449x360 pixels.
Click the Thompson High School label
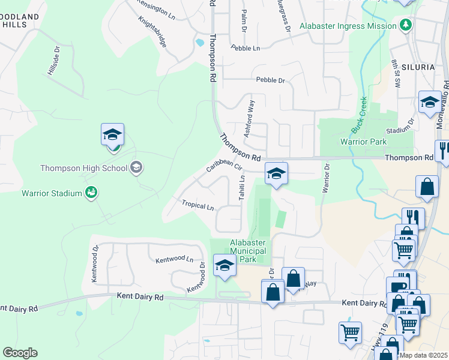[83, 168]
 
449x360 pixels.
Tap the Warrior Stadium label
[51, 193]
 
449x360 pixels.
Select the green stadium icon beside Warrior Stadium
[91, 193]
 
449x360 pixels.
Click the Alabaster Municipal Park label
[248, 251]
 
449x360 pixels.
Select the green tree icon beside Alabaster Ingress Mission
[406, 25]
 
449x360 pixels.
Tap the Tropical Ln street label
[198, 206]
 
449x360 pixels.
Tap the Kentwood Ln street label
[174, 260]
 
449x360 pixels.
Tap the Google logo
[20, 353]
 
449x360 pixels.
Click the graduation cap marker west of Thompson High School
[112, 135]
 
